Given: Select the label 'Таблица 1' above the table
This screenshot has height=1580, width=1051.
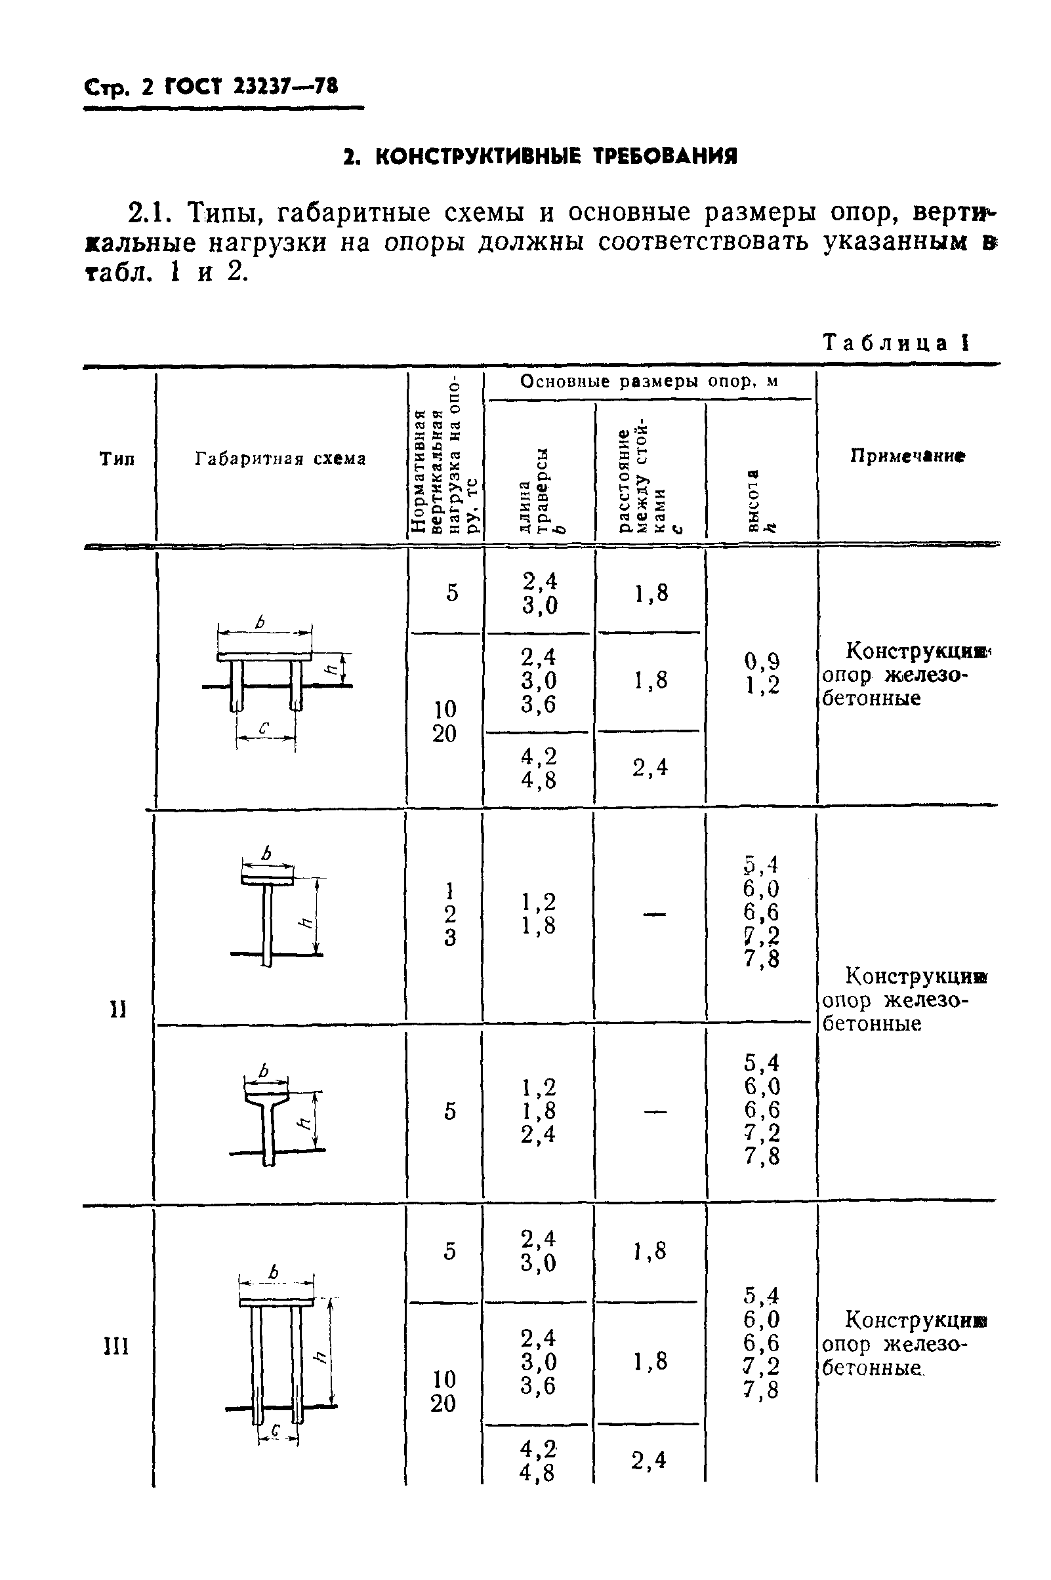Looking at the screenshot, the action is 896,343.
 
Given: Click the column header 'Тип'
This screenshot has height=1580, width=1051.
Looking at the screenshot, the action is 117,459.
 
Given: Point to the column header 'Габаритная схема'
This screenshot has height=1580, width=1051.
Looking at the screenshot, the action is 281,459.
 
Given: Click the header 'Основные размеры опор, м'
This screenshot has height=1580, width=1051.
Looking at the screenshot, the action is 649,382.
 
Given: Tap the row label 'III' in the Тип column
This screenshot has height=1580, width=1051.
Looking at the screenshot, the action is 117,1346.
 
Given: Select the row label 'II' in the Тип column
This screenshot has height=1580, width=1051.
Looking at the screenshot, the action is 118,1010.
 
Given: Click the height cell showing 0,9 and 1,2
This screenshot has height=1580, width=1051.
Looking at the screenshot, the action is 762,674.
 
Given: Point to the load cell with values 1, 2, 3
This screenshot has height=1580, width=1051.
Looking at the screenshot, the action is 450,915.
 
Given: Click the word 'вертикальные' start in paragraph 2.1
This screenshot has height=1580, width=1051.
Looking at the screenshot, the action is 952,213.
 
